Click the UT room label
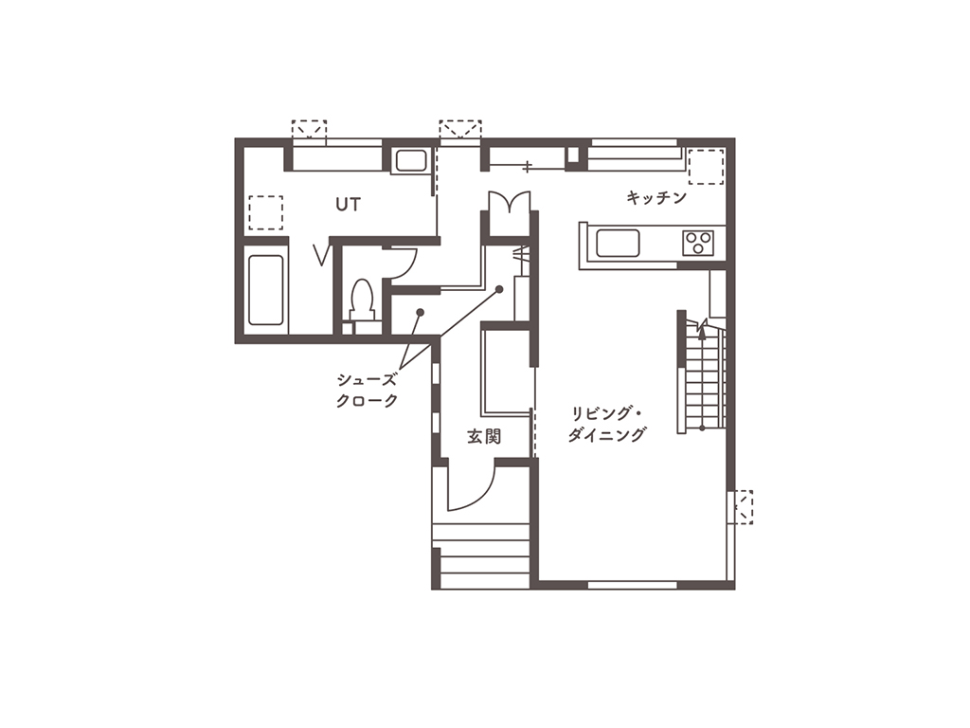click(x=348, y=205)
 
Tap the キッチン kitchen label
click(x=656, y=197)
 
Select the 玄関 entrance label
click(x=484, y=436)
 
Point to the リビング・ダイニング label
click(x=607, y=424)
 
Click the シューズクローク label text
click(x=367, y=390)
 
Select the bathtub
click(x=266, y=290)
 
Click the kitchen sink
click(x=618, y=243)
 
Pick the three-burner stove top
click(x=698, y=242)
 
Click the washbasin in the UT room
click(x=410, y=161)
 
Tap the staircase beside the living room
click(x=704, y=378)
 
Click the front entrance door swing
click(x=472, y=488)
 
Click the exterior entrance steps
click(x=480, y=555)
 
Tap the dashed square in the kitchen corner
click(x=706, y=167)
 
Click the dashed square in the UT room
click(x=266, y=213)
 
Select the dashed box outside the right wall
click(x=743, y=507)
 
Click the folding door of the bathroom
click(x=322, y=255)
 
